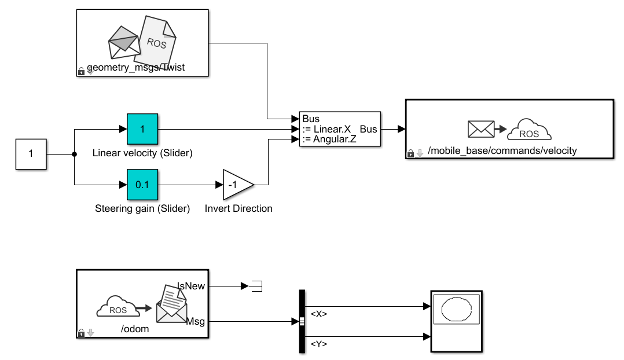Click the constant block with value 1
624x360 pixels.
pyautogui.click(x=31, y=155)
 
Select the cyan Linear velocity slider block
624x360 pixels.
pyautogui.click(x=142, y=129)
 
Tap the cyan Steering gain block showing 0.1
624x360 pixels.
pyautogui.click(x=142, y=185)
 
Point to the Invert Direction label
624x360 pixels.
pyautogui.click(x=238, y=208)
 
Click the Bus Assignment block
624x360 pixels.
pyautogui.click(x=340, y=129)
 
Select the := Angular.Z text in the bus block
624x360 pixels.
pyautogui.click(x=329, y=139)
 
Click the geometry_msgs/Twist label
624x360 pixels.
pyautogui.click(x=135, y=68)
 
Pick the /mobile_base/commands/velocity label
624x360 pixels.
pyautogui.click(x=502, y=151)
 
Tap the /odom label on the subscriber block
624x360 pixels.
pyautogui.click(x=135, y=329)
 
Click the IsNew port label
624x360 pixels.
pyautogui.click(x=191, y=285)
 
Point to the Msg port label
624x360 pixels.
pyautogui.click(x=197, y=321)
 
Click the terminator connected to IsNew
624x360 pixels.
pyautogui.click(x=255, y=285)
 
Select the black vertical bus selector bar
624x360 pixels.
pyautogui.click(x=301, y=321)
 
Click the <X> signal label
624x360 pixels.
pyautogui.click(x=319, y=314)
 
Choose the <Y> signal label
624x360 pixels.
pyautogui.click(x=319, y=344)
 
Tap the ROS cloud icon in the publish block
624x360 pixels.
pyautogui.click(x=529, y=131)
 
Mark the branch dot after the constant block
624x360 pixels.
pyautogui.click(x=75, y=155)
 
